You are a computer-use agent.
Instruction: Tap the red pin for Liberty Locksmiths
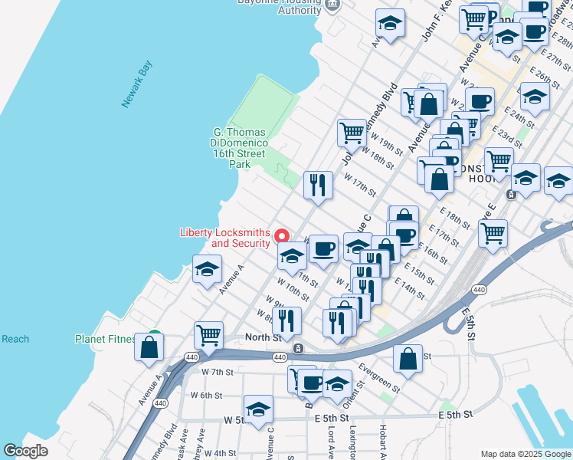282,236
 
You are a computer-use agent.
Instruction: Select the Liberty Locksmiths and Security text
224,238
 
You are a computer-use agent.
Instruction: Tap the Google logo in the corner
25,451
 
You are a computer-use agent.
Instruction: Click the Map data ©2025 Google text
526,454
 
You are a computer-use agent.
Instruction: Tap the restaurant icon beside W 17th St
317,185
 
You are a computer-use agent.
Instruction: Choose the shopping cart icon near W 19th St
352,132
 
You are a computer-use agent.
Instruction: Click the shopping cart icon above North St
208,334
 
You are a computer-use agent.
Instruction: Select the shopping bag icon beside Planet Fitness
149,346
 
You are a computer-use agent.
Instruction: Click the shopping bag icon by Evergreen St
408,358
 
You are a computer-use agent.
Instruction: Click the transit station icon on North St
298,348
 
